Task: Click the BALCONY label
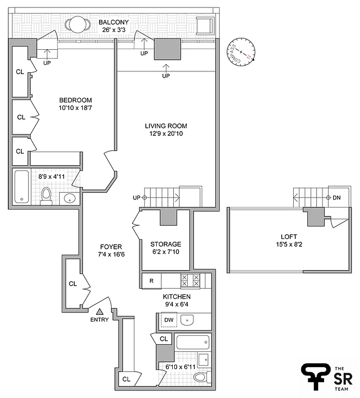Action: click(114, 22)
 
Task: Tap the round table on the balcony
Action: click(77, 25)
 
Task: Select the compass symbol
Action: click(241, 52)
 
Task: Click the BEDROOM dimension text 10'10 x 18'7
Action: click(75, 107)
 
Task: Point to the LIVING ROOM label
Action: click(166, 126)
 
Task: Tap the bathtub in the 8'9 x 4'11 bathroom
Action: click(22, 187)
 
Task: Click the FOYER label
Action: click(111, 247)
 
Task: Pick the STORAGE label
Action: click(166, 244)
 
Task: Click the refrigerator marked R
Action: click(151, 281)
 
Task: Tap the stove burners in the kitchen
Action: click(189, 281)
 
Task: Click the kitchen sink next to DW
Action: click(187, 320)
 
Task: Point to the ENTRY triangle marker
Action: click(99, 311)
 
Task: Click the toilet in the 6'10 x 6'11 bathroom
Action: click(201, 378)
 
